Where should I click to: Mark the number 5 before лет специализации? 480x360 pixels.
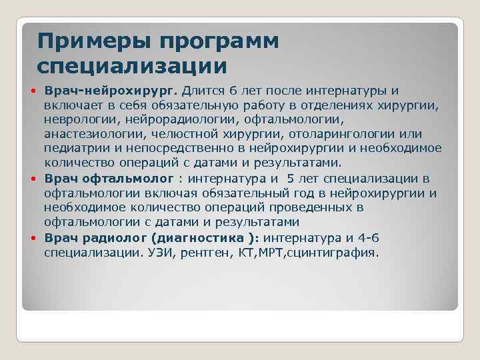point(291,179)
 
